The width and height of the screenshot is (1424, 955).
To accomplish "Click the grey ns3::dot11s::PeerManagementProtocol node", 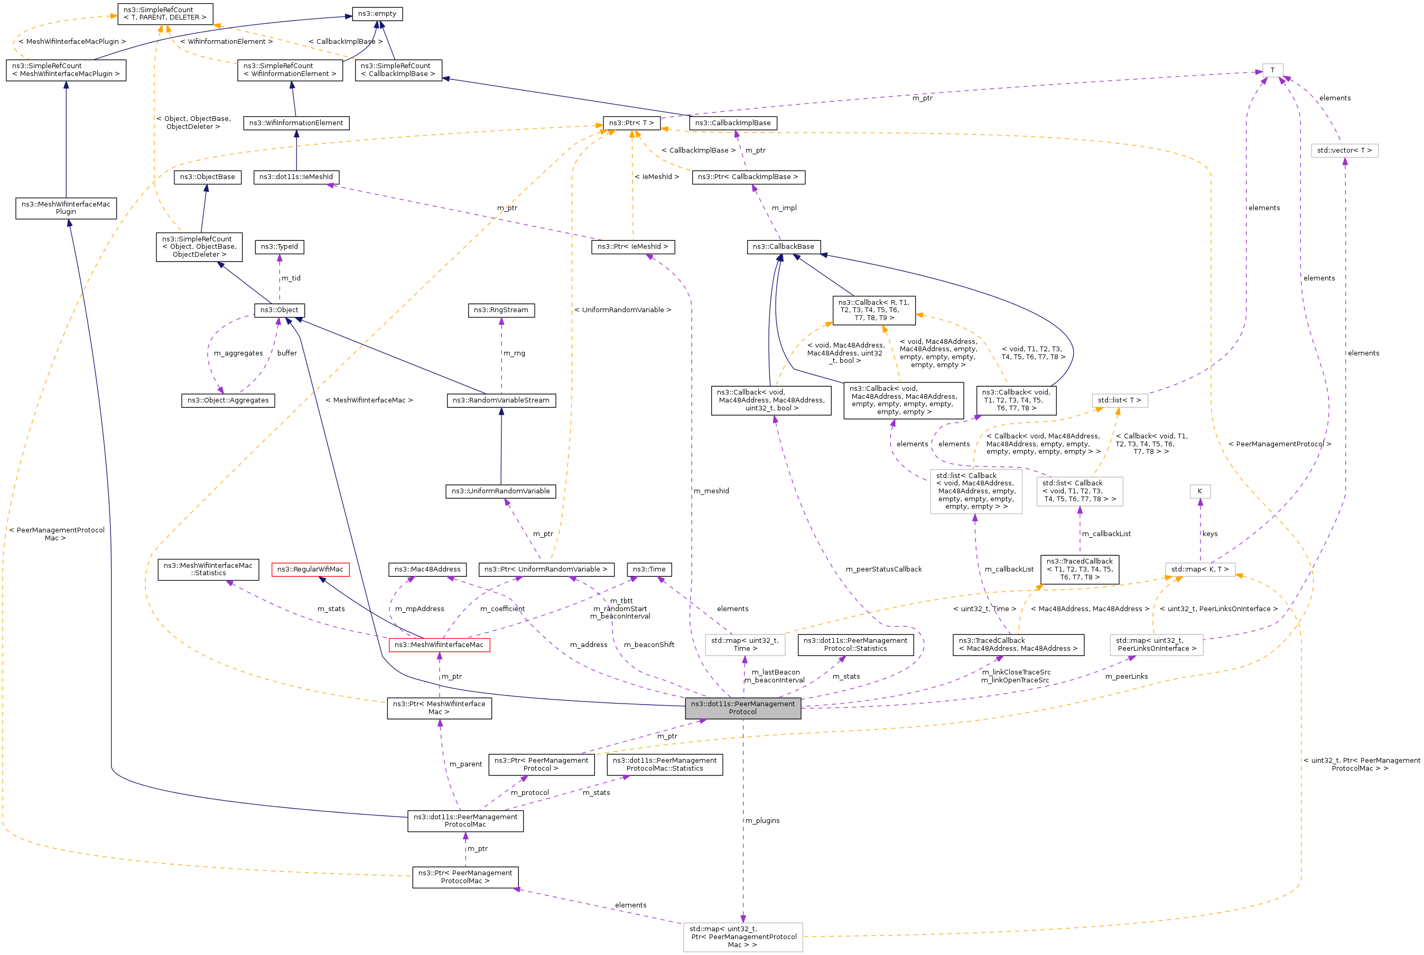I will coord(742,708).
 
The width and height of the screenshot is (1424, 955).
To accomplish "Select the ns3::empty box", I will coord(377,13).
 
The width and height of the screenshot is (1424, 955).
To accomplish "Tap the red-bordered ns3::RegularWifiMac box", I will coord(310,569).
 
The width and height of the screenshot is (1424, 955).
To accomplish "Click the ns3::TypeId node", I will coord(279,247).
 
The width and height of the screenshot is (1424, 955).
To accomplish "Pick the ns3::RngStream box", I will coord(501,310).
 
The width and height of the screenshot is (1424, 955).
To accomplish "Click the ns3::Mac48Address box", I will coord(427,569).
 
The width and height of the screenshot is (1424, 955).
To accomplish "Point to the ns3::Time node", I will coord(649,569).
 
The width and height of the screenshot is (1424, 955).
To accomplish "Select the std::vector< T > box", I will coord(1344,151).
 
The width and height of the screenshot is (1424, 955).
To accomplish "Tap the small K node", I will coord(1200,491).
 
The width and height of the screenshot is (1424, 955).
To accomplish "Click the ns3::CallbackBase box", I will coord(783,247).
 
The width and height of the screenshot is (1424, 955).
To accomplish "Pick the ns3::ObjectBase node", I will coord(207,176).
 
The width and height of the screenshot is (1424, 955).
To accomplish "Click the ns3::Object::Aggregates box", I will coord(228,400).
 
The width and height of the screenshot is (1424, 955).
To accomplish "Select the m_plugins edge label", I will coord(762,820).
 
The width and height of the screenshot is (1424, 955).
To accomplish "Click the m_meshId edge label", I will coord(711,491).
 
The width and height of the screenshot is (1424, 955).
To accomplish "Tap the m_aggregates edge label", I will coord(238,353).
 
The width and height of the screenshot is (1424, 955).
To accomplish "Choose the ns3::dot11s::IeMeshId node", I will coord(296,176).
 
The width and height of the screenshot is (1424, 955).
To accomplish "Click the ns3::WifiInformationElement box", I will coord(296,123).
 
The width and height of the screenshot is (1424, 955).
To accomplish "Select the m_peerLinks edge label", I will coord(1126,677).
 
